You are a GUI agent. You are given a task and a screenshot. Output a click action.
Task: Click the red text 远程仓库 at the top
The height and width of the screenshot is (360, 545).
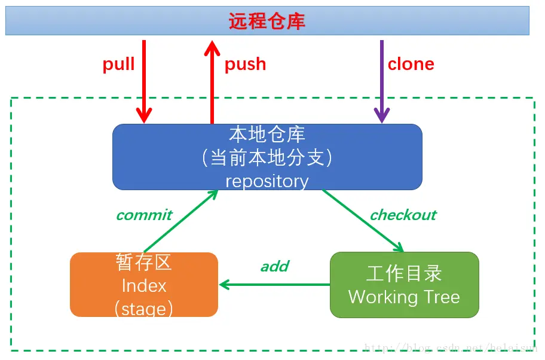pos(267,22)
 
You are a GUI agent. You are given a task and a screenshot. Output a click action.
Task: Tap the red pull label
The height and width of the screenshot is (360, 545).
pos(118,64)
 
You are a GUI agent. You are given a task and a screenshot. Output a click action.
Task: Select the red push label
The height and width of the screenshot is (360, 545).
pos(245,64)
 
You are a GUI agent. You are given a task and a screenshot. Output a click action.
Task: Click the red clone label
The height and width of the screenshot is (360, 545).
pos(411,64)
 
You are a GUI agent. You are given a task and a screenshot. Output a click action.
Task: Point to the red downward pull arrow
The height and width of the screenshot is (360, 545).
pos(144,84)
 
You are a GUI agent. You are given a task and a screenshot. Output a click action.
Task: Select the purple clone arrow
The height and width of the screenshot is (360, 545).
pos(381,84)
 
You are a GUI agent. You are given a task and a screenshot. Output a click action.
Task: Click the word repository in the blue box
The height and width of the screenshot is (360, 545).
pos(267,181)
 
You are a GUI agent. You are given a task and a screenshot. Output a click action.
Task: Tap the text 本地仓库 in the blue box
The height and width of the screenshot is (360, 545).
pos(267,133)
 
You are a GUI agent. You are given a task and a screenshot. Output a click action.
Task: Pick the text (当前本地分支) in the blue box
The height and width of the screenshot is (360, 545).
pos(267,157)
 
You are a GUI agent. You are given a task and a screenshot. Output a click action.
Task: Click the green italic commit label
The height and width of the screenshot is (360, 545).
pos(144,215)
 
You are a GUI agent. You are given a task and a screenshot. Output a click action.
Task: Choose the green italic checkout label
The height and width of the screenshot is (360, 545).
pos(403,215)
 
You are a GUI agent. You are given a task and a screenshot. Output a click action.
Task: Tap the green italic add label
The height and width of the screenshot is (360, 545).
pos(275,266)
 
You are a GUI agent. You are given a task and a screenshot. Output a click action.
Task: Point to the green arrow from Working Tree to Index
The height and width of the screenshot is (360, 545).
pos(275,285)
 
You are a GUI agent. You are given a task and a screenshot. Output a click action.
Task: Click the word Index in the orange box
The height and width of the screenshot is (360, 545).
pos(144,285)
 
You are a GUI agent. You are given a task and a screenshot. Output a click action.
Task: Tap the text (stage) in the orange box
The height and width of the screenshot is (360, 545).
pos(144,308)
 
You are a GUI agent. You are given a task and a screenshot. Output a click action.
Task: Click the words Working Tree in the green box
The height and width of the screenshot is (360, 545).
pos(404,297)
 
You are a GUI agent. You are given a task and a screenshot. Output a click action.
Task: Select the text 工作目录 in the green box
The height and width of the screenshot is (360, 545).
pos(404,273)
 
